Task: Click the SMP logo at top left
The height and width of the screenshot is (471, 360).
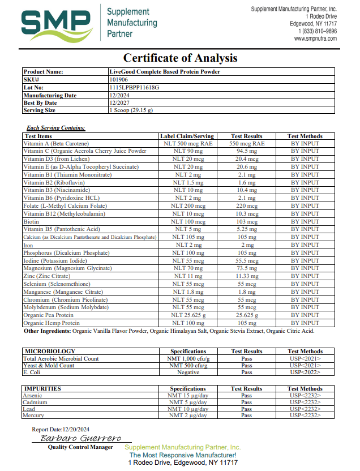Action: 57,23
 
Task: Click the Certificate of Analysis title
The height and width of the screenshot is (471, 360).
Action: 180,58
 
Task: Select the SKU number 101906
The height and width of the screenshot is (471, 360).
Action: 119,80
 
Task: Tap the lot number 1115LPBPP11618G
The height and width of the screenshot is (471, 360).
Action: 134,88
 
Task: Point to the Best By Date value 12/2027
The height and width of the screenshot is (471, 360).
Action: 121,103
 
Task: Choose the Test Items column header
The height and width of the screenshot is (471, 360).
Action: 38,136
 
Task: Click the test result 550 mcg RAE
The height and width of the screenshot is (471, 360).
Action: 246,144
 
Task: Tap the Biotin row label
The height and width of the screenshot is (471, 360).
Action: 31,222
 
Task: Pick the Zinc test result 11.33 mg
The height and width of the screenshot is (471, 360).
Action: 246,276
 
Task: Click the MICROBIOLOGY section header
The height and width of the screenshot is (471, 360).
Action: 50,352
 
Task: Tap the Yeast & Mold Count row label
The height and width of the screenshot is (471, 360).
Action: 49,366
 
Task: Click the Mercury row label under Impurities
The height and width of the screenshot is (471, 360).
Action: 33,416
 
